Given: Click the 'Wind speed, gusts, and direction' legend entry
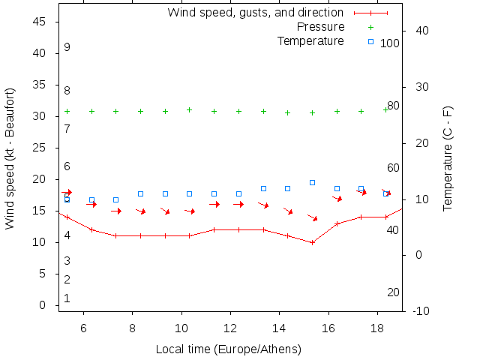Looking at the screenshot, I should (255, 13).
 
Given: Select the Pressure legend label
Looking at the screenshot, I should (321, 27).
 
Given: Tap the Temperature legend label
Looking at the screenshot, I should (310, 40).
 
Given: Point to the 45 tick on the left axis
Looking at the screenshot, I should (41, 22).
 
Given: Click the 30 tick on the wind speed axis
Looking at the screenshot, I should (41, 117).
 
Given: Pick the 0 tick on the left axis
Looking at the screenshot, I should (44, 306).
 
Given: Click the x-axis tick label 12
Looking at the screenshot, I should (230, 328).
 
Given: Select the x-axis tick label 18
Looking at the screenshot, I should (377, 328).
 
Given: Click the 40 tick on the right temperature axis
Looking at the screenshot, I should (421, 31).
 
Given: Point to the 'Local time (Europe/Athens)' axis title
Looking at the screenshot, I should (228, 349).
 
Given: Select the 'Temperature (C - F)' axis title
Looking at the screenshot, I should (448, 157).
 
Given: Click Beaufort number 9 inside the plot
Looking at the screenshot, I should (67, 47).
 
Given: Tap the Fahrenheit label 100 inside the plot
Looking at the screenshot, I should (389, 43).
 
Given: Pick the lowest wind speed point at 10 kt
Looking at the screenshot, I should (312, 242).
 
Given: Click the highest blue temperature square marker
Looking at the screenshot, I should (312, 182).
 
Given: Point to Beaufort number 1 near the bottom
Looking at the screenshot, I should (67, 298).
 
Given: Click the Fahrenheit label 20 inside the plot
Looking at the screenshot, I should (393, 292).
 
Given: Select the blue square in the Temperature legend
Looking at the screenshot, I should (370, 41).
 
